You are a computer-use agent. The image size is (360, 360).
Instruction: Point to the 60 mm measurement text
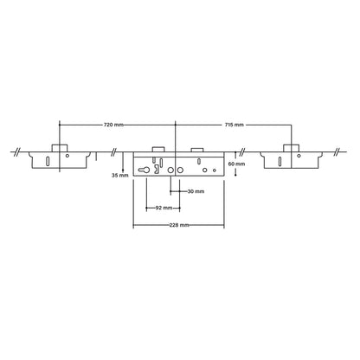233,164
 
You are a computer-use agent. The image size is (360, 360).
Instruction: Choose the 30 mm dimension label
196,190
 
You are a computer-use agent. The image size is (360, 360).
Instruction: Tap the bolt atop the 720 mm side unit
61,147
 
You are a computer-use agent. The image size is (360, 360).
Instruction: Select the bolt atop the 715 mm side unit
292,147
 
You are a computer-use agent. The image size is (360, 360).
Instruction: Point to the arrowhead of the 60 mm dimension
230,174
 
